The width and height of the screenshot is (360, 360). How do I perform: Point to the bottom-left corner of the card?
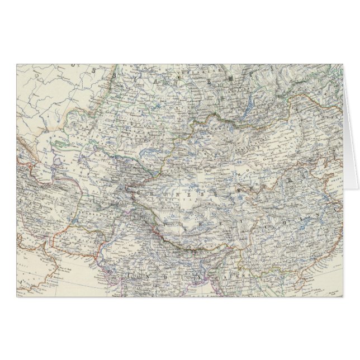coord(17,297)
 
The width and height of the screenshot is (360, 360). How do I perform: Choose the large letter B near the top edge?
coord(115,73)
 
